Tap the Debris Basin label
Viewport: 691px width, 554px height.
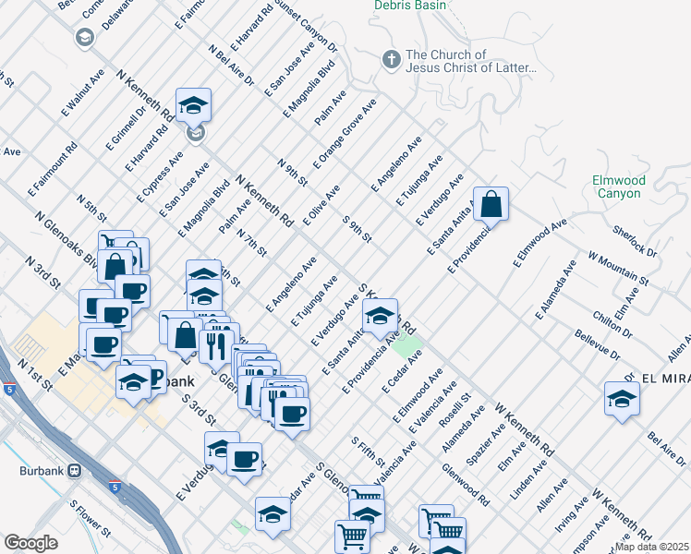coord(409,6)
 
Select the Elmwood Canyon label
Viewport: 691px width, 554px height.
coord(618,187)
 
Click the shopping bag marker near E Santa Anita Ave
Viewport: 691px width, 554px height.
coord(491,204)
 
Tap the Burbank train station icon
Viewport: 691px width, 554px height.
coord(74,470)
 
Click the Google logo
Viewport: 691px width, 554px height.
coord(30,543)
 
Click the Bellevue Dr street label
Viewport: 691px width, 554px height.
coord(594,348)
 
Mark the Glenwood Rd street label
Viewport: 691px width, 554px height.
coord(467,484)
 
